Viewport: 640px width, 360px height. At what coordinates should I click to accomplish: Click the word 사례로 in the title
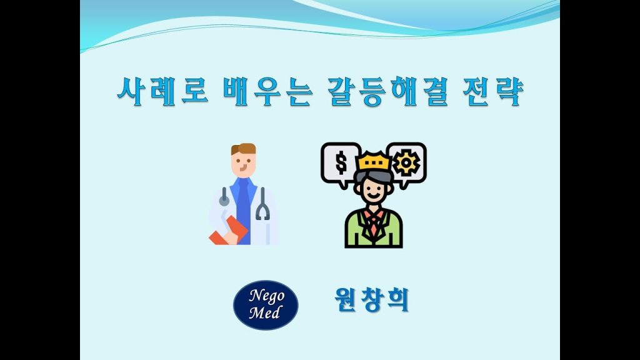point(162,91)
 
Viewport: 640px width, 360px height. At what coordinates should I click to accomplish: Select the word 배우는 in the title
point(267,91)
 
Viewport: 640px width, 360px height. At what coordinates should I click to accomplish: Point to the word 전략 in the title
point(494,91)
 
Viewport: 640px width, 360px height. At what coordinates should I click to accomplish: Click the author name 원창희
point(371,300)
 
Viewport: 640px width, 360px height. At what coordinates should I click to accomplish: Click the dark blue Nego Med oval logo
point(266,305)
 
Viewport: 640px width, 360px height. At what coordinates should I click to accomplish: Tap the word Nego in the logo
point(266,296)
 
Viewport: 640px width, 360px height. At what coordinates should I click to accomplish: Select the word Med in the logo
point(265,312)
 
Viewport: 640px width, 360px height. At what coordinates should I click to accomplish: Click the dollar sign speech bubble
point(341,163)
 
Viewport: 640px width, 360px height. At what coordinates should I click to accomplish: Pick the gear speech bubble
point(406,163)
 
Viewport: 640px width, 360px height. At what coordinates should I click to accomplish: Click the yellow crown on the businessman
point(374,162)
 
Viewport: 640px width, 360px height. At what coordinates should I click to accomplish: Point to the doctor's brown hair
point(244,149)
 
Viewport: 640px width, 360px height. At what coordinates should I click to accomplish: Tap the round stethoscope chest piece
point(224,200)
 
